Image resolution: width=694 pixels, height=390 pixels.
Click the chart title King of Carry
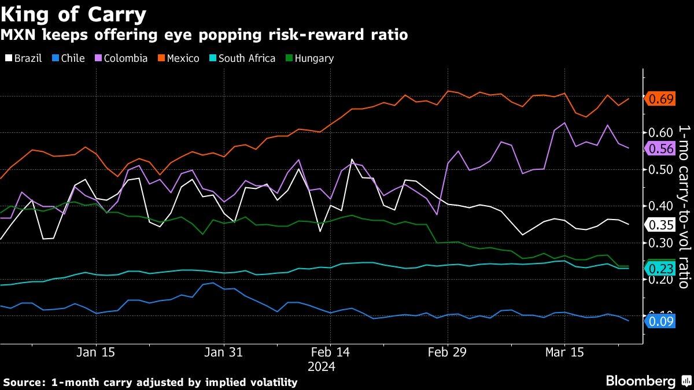coord(73,13)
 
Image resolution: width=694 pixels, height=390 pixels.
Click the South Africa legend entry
coord(243,58)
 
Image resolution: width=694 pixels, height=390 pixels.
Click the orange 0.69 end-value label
coord(661,99)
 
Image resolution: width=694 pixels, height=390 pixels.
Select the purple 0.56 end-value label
coord(661,148)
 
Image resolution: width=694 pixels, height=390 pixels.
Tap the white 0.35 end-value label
coord(661,225)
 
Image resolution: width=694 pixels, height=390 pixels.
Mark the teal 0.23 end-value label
coord(661,269)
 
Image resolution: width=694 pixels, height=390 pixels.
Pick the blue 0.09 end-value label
coord(661,321)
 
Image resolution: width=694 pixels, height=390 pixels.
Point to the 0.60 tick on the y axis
coord(662,133)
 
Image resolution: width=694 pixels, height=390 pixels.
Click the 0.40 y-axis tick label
coord(662,206)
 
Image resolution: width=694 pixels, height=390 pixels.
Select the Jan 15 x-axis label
coord(95,353)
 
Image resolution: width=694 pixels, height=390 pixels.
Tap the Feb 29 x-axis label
coord(448,353)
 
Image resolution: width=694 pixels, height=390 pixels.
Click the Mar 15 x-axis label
coord(565,353)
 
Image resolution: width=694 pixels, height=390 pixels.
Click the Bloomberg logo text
coord(640,381)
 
